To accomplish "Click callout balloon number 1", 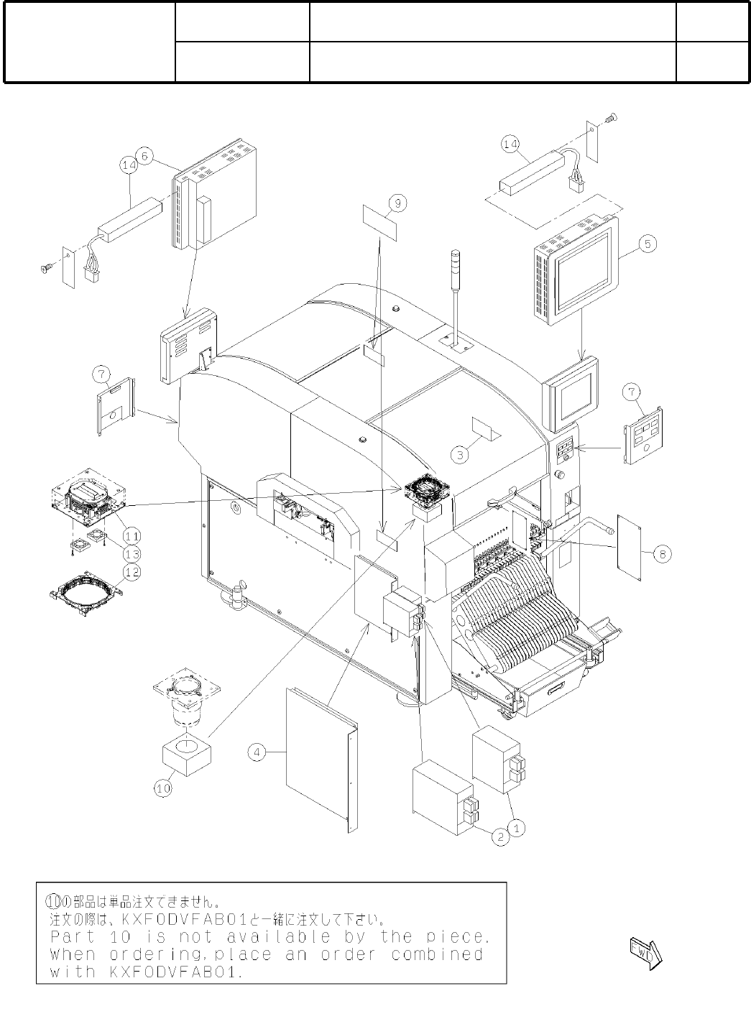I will point(517,828).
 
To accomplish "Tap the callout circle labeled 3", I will point(461,453).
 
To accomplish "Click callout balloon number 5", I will point(647,244).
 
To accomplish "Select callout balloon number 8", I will point(663,553).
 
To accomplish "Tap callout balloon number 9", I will point(397,203).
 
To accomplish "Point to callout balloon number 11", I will point(132,535).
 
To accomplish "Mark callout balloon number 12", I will point(132,572).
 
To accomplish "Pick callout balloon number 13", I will point(132,554).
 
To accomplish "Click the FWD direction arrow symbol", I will point(645,954).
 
